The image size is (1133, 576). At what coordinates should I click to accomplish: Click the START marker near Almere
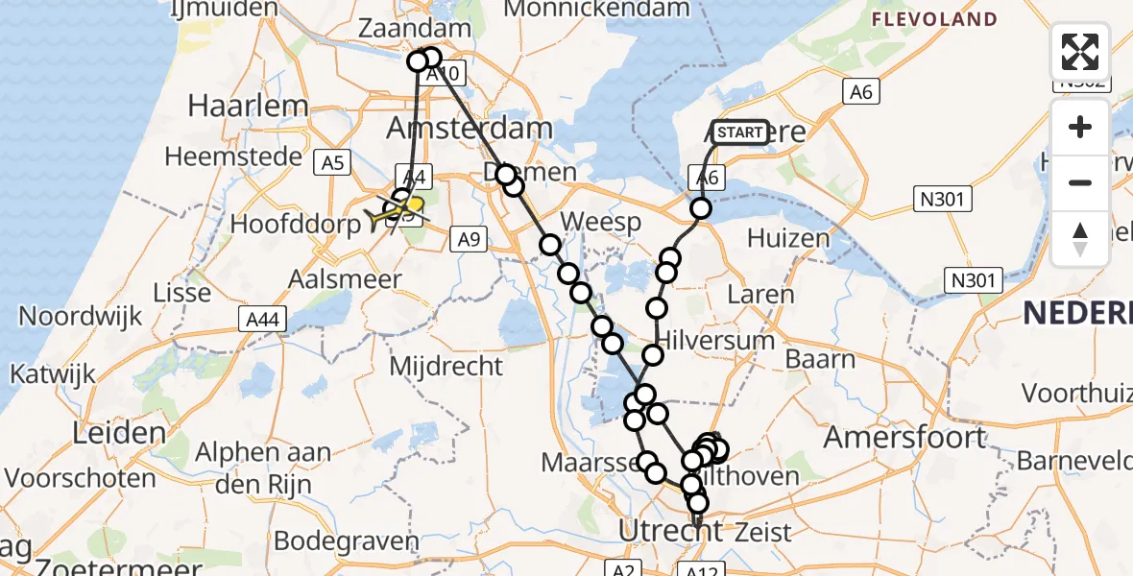coord(740,132)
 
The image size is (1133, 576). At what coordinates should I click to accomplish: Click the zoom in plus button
coord(1080,128)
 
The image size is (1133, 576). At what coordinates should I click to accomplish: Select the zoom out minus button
coord(1080,182)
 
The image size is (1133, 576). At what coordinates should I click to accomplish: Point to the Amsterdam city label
coord(470,128)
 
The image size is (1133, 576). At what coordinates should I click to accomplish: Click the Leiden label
coord(119,433)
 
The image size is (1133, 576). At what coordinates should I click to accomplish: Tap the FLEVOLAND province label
coord(933,19)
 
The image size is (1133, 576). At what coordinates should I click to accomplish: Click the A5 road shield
coord(333,163)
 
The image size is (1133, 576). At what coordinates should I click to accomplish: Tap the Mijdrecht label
coord(446,366)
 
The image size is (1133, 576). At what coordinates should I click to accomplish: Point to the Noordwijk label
coord(81,316)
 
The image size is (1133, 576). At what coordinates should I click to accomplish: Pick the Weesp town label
coord(600,224)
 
